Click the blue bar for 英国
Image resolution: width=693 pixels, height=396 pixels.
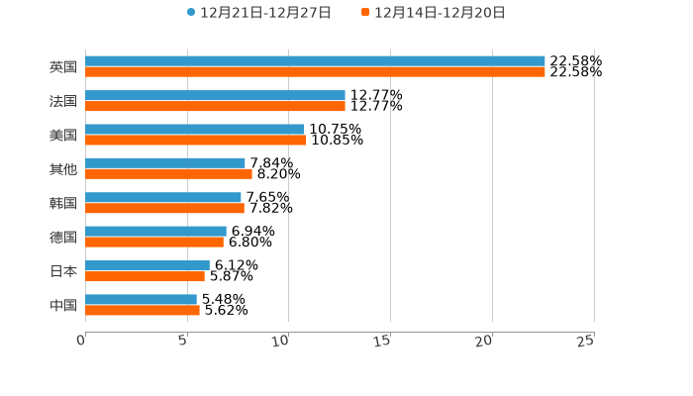pyautogui.click(x=315, y=61)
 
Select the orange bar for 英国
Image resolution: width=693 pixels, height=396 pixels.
pyautogui.click(x=315, y=72)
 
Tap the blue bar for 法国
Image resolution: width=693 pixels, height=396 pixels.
pyautogui.click(x=215, y=95)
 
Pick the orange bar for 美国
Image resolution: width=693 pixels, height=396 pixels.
pyautogui.click(x=196, y=140)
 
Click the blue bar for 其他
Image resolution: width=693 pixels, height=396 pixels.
pyautogui.click(x=165, y=163)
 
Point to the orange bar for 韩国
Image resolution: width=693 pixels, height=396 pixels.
pyautogui.click(x=164, y=208)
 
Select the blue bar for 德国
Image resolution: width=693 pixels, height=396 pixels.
pyautogui.click(x=155, y=232)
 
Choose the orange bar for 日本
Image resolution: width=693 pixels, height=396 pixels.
pyautogui.click(x=145, y=276)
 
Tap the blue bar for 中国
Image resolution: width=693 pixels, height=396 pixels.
pyautogui.click(x=141, y=299)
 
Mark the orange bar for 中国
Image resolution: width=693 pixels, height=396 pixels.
pyautogui.click(x=143, y=310)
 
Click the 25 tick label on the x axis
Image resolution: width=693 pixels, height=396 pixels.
pyautogui.click(x=586, y=341)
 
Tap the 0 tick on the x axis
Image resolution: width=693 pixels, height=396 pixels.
pyautogui.click(x=82, y=341)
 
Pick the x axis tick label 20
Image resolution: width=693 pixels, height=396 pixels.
pyautogui.click(x=484, y=341)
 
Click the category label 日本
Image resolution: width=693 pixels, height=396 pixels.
pyautogui.click(x=63, y=271)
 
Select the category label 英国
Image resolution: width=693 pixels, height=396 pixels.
pyautogui.click(x=63, y=67)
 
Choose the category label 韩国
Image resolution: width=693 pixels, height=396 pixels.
pyautogui.click(x=63, y=203)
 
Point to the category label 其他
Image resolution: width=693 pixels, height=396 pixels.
pyautogui.click(x=63, y=169)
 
